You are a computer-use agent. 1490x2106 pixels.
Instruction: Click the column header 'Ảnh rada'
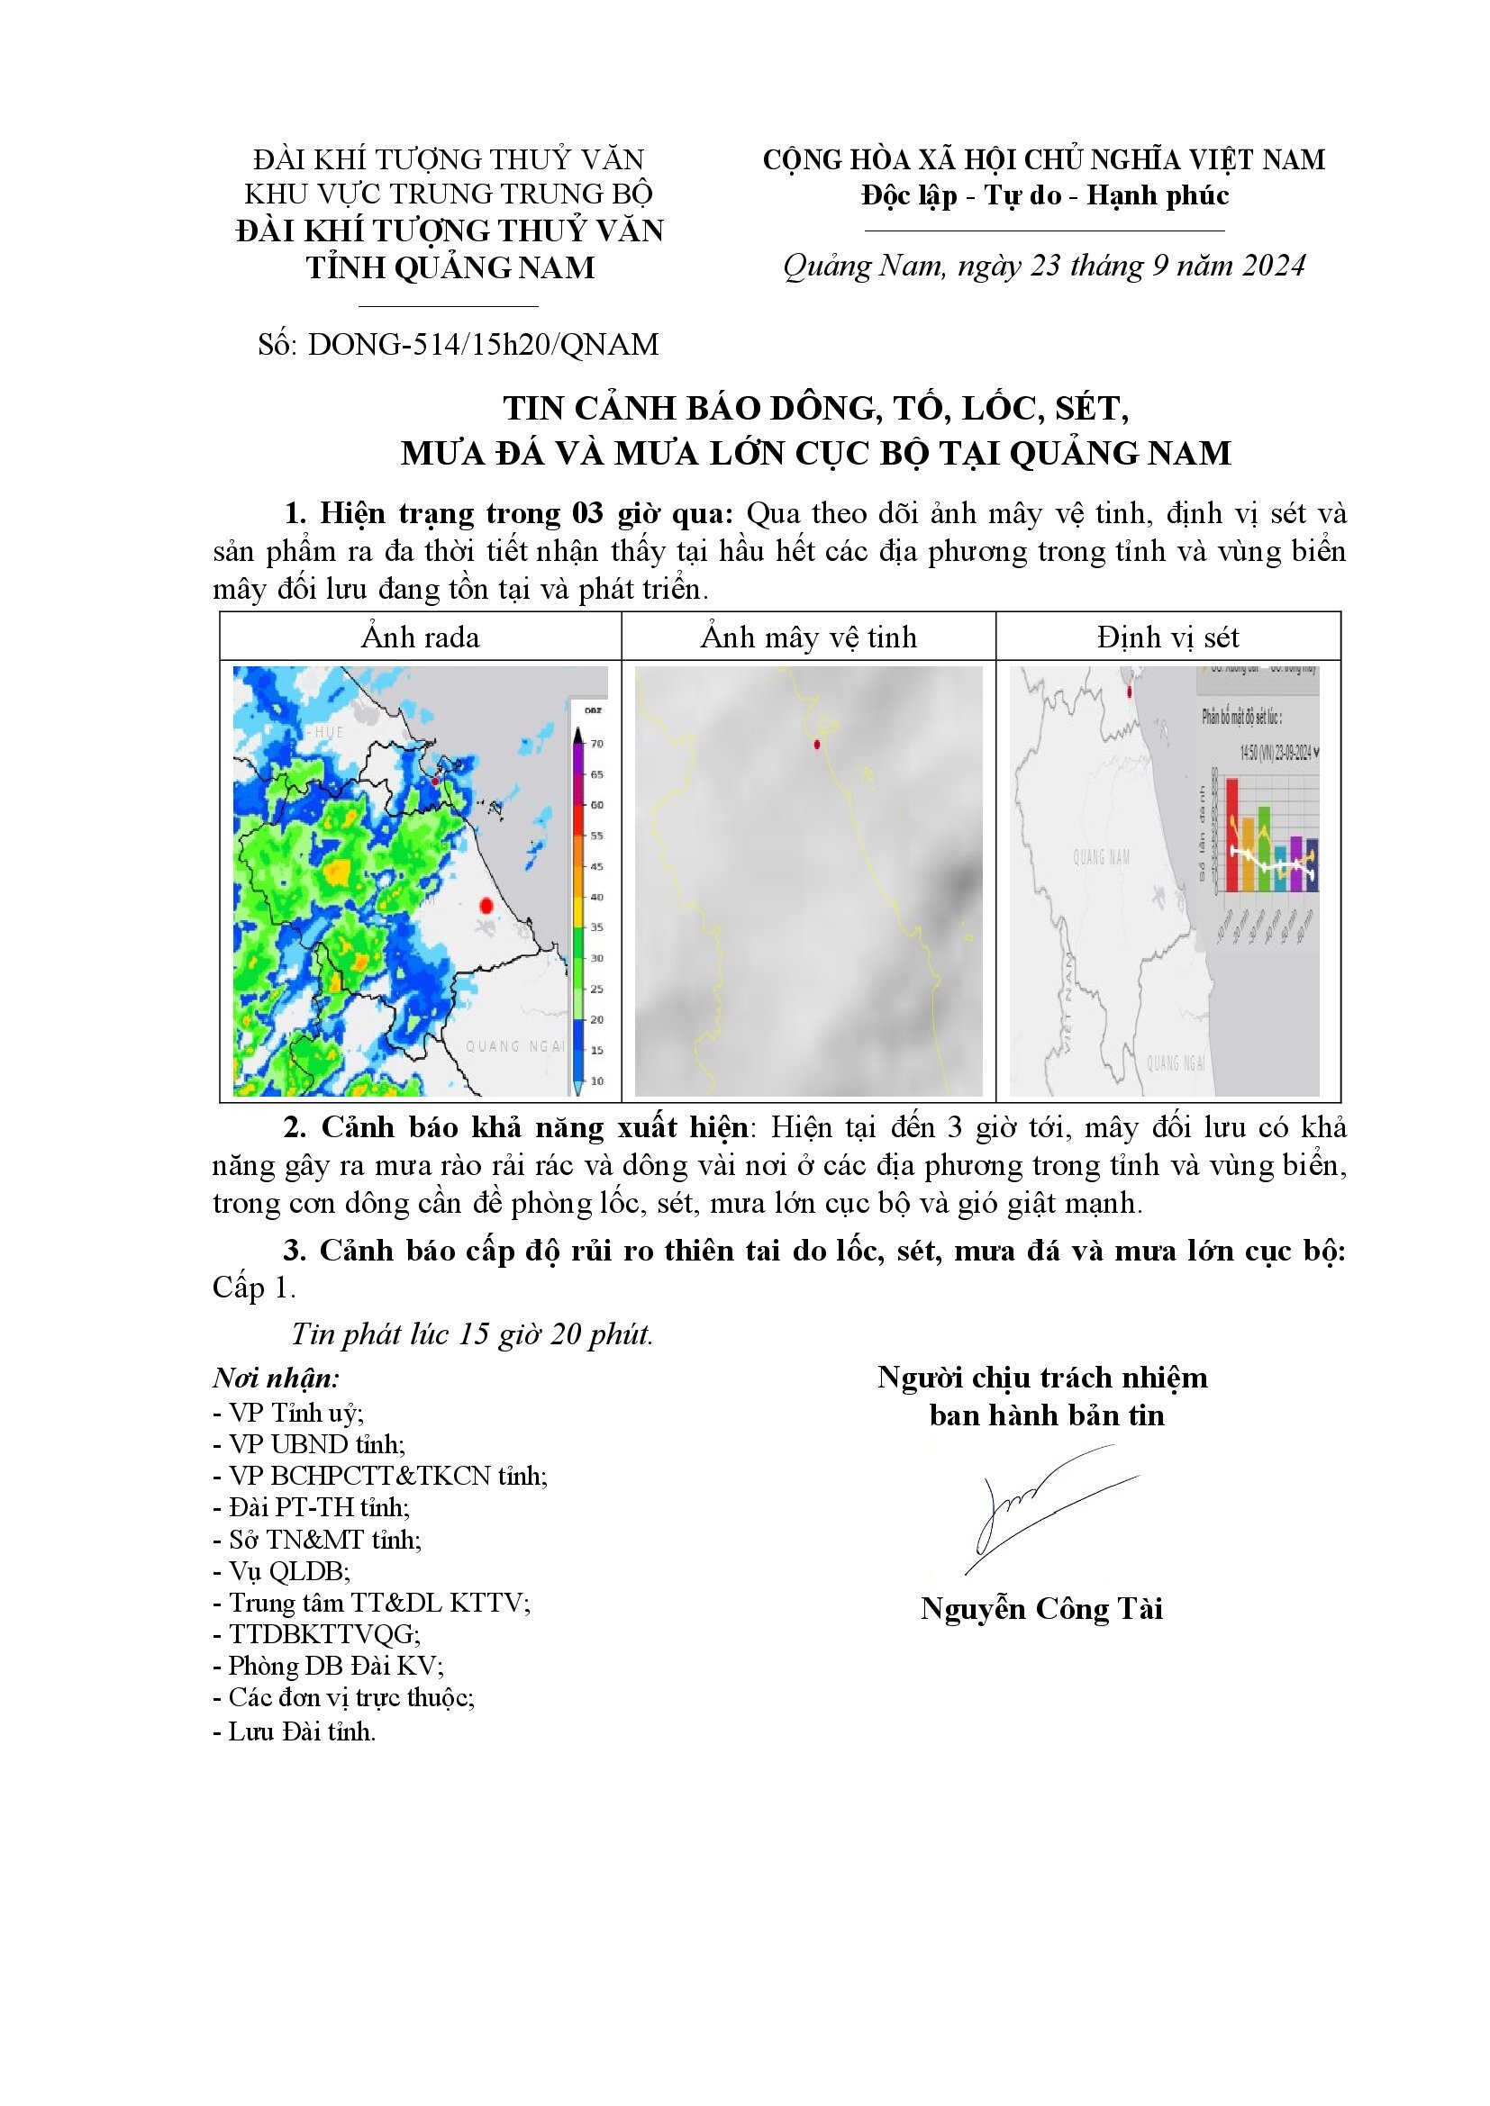[420, 637]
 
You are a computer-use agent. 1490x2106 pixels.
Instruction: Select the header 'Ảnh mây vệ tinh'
[808, 637]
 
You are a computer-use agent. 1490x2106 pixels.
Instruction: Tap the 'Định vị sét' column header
[1168, 637]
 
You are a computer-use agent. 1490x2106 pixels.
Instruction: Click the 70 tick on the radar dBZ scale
[595, 744]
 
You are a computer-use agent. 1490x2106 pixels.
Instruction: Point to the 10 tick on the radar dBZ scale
[595, 1081]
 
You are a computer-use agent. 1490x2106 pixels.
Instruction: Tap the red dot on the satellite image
[816, 745]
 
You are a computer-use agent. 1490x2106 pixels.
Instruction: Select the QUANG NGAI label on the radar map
[516, 1045]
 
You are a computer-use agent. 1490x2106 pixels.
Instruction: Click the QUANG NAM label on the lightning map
[1101, 858]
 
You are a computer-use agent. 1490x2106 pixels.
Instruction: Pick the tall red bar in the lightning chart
[1232, 835]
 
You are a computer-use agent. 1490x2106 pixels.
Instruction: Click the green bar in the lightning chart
[1264, 848]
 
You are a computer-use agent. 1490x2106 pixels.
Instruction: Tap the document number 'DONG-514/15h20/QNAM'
[484, 345]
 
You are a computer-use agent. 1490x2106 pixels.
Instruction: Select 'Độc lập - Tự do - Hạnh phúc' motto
[1044, 196]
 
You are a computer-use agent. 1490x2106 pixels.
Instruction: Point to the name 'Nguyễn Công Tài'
[1042, 1609]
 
